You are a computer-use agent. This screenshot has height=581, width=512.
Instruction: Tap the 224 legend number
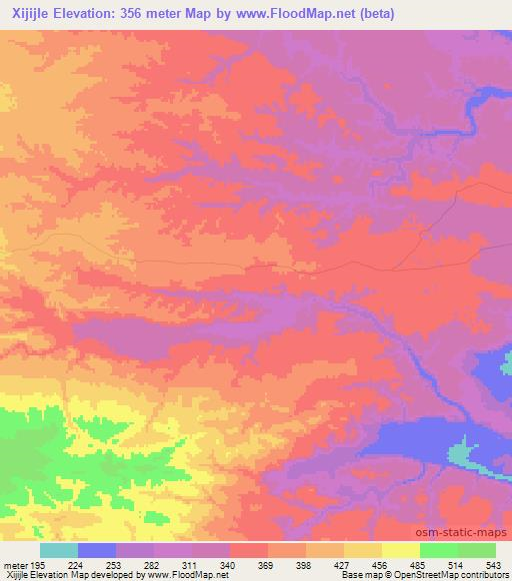click(x=77, y=564)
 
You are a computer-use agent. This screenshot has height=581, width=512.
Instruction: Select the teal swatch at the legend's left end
click(x=59, y=550)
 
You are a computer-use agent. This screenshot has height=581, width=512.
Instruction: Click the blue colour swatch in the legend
click(x=97, y=550)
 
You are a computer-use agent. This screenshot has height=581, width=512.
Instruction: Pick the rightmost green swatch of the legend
click(x=477, y=550)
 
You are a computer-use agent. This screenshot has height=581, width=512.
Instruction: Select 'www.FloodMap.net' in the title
click(x=276, y=14)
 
